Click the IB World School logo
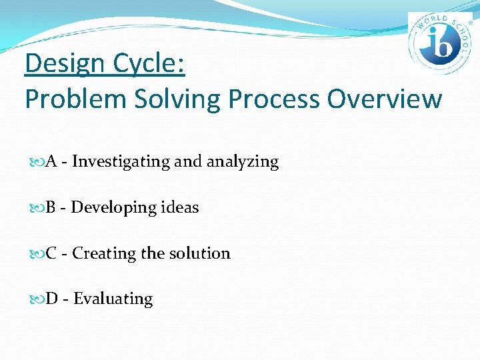(x=440, y=43)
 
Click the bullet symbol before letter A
(x=36, y=162)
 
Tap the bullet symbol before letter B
(x=36, y=208)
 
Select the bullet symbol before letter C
(x=36, y=254)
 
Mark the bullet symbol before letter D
(x=36, y=299)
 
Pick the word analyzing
(x=243, y=162)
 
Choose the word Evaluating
(x=113, y=299)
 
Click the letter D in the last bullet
(x=52, y=299)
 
